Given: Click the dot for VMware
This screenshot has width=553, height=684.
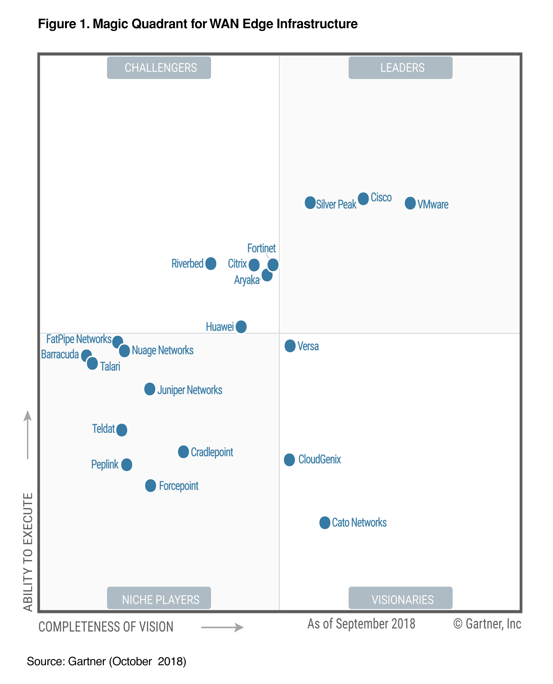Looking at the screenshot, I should [410, 203].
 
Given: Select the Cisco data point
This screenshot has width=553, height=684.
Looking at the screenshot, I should [363, 198].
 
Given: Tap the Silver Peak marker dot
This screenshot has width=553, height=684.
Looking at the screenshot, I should [310, 203].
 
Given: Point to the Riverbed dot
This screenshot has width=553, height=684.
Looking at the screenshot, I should [211, 264].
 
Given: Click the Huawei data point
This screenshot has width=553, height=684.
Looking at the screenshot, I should [241, 327].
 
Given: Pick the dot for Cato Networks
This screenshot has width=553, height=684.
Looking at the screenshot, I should [325, 523].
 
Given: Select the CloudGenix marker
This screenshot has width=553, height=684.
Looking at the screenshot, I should [289, 460].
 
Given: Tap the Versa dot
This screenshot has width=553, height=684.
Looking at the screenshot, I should [290, 346].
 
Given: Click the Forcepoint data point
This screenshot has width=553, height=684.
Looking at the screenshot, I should [150, 486].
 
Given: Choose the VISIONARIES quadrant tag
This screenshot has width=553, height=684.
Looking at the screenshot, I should [400, 599].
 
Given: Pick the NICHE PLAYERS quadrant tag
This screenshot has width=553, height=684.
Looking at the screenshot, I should [159, 599].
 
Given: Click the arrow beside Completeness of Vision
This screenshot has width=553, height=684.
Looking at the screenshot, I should [222, 627].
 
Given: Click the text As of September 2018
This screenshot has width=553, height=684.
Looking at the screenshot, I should [361, 624].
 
